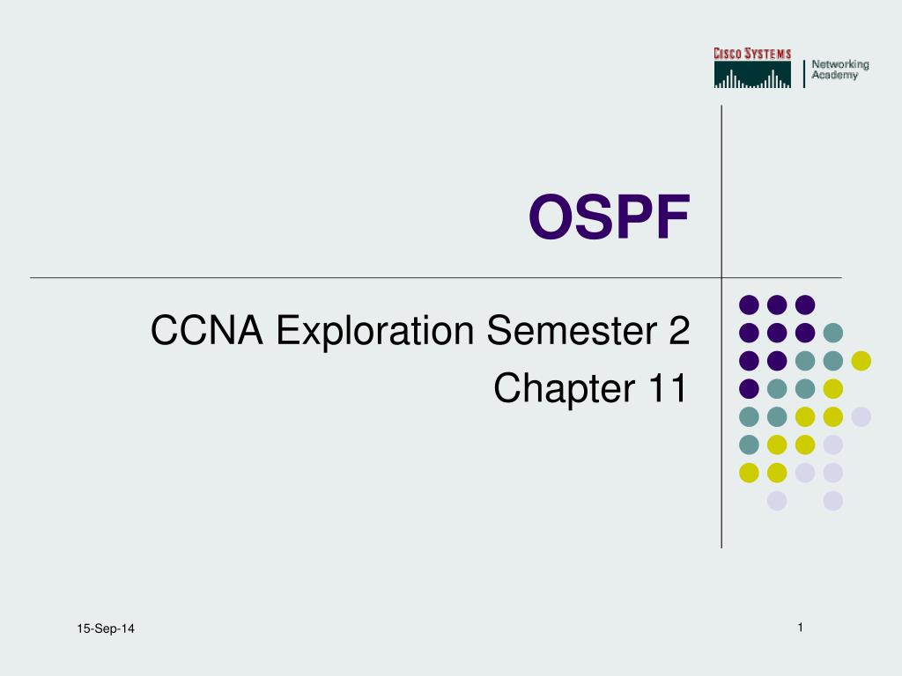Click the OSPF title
[x=610, y=217]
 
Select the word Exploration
[x=375, y=332]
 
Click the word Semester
[x=572, y=330]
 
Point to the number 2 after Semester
[x=679, y=330]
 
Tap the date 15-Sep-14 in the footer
[x=106, y=628]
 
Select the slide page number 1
[x=800, y=627]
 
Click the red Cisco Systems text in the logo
[x=752, y=54]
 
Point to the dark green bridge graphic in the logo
[x=752, y=75]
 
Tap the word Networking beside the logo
[x=839, y=64]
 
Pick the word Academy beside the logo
[x=835, y=76]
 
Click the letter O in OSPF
[x=551, y=217]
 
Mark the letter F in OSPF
[x=674, y=217]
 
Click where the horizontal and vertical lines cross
[x=721, y=277]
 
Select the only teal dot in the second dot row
[x=833, y=333]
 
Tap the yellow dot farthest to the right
[x=861, y=361]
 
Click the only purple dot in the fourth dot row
[x=749, y=389]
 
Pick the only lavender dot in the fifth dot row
[x=861, y=416]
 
